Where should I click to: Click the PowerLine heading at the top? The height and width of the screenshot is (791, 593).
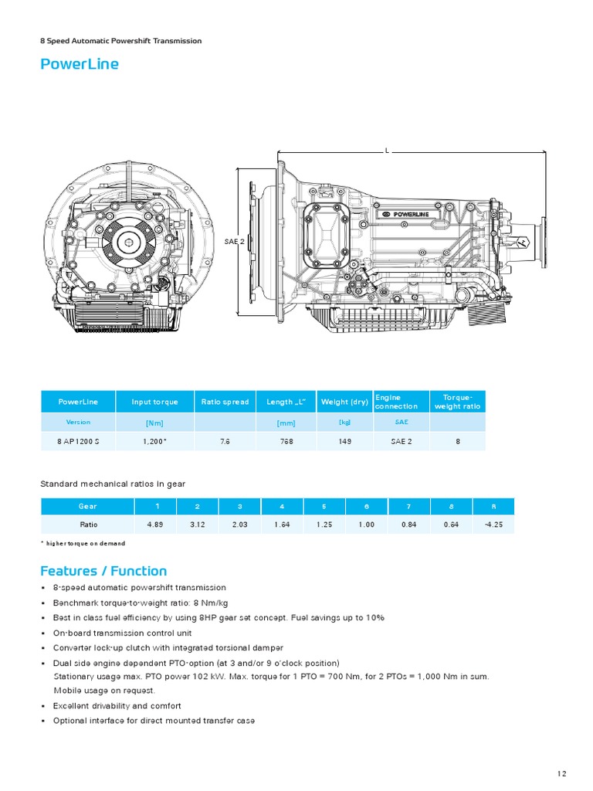point(80,64)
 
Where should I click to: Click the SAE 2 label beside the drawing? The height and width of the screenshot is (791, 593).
point(234,241)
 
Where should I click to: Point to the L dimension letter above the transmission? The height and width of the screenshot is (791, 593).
point(387,151)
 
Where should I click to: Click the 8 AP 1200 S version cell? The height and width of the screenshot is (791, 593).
point(78,441)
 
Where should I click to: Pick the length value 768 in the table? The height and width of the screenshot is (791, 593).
point(286,441)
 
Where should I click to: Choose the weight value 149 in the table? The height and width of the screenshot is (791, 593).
point(344,441)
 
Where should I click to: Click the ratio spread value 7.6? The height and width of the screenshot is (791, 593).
point(225,441)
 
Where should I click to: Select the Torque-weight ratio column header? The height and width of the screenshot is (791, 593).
point(457,402)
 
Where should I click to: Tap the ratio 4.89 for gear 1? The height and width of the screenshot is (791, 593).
point(154,524)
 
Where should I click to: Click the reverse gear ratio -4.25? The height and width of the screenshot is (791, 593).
point(493,524)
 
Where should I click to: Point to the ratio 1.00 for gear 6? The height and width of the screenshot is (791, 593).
point(366,524)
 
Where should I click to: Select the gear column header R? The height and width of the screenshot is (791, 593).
point(493,506)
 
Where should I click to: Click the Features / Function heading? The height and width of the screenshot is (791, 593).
point(103,571)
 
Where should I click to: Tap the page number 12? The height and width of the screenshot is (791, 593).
point(561,773)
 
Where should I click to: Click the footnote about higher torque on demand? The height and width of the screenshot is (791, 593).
point(83,543)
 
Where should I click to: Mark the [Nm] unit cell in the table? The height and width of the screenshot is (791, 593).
point(154,423)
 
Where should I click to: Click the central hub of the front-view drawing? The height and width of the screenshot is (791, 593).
point(127,242)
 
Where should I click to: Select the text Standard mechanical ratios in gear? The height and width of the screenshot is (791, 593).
point(113,484)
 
